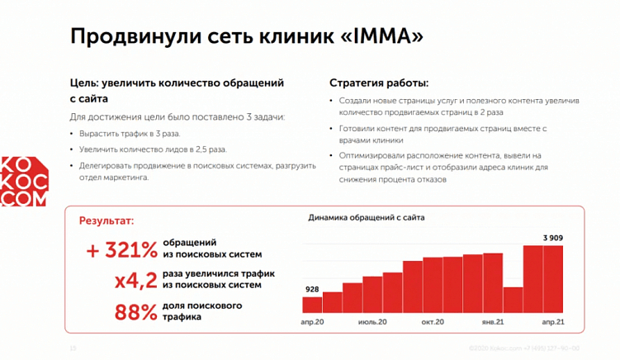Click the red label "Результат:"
pos(106,220)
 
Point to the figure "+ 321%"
pos(121,250)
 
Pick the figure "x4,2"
pos(135,280)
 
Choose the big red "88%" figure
pos(135,312)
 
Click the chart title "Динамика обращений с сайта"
pos(367,218)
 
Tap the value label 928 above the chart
pos(312,289)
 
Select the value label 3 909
pos(553,239)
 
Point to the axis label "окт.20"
pos(433,321)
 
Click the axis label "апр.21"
pos(552,321)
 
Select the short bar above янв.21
pos(513,300)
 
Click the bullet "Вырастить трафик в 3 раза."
pos(130,133)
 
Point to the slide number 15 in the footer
pos(73,348)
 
